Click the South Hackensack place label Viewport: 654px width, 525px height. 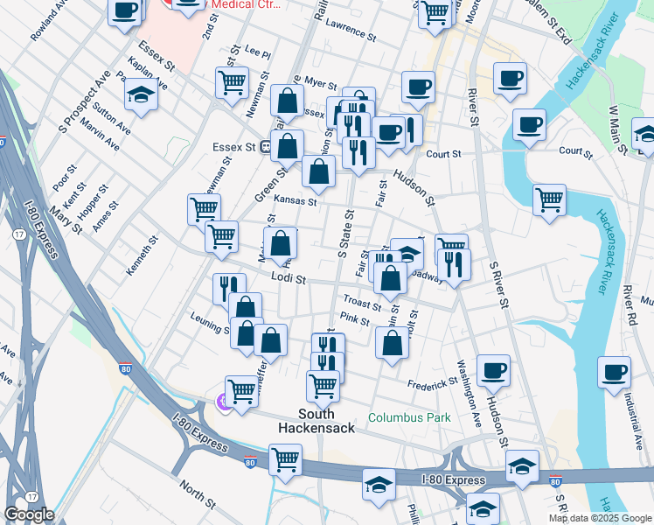pyautogui.click(x=316, y=421)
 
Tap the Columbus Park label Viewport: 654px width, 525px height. pyautogui.click(x=409, y=417)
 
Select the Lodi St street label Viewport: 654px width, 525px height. pyautogui.click(x=287, y=279)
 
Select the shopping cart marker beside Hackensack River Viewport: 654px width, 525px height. pyautogui.click(x=549, y=199)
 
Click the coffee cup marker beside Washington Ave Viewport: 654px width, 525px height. pyautogui.click(x=494, y=371)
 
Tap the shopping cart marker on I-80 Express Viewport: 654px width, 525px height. pyautogui.click(x=285, y=459)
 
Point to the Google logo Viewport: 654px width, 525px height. pyautogui.click(x=29, y=514)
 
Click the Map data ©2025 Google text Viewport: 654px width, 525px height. pyautogui.click(x=599, y=518)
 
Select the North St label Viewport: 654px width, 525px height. pyautogui.click(x=197, y=494)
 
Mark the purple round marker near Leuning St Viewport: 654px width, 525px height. pyautogui.click(x=222, y=402)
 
